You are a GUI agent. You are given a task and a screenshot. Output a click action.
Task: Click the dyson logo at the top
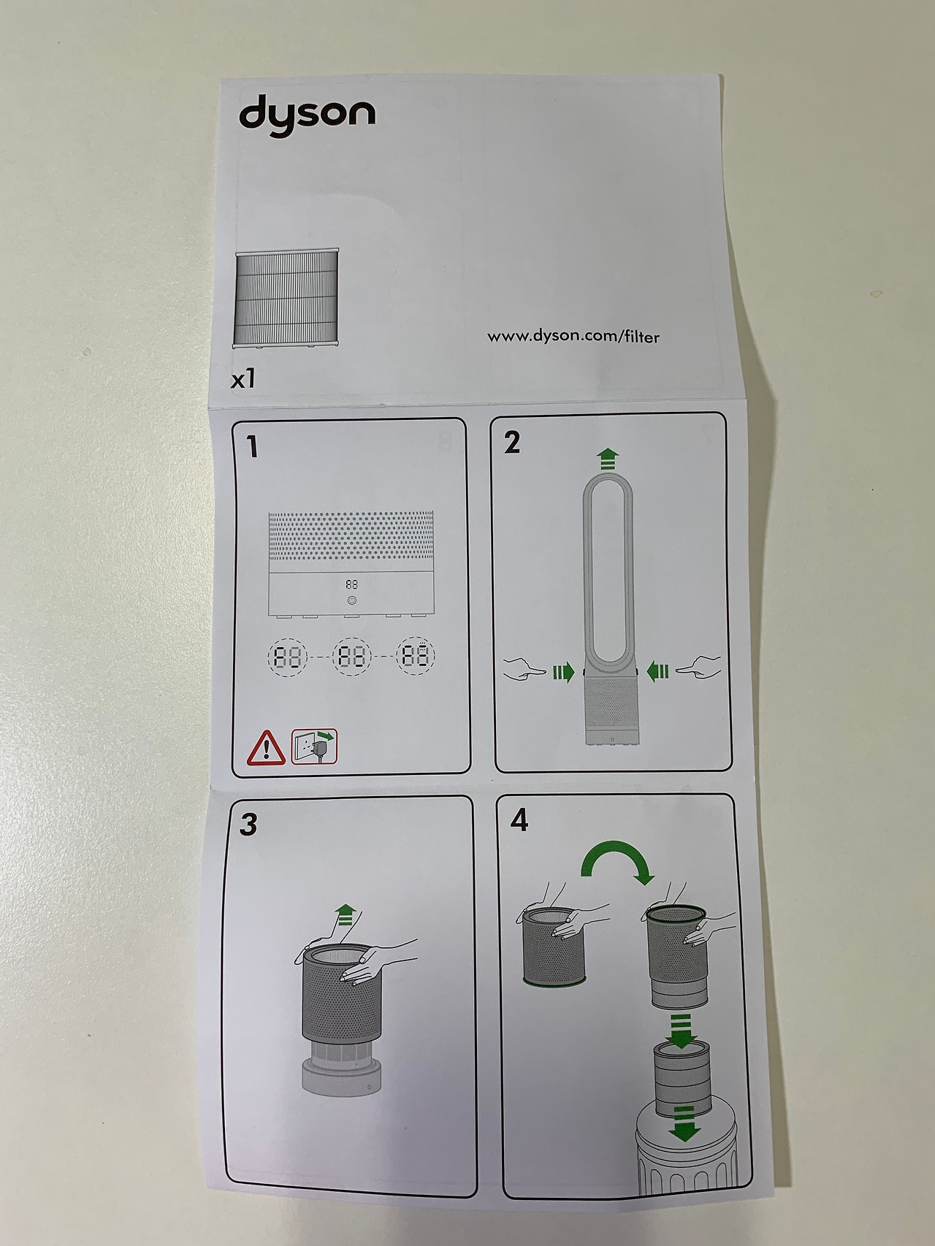tap(307, 117)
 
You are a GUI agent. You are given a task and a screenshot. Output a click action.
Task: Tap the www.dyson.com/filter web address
tap(573, 336)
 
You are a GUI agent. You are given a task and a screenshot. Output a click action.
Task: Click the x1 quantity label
tap(243, 379)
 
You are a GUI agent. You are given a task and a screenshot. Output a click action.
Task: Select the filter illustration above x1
tap(286, 297)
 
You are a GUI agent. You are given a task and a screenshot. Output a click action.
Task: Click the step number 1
tap(253, 446)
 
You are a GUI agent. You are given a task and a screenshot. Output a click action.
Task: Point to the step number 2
tap(512, 443)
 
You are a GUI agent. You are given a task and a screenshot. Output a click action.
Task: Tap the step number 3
tap(248, 824)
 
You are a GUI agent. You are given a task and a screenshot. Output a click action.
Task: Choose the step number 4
tap(519, 820)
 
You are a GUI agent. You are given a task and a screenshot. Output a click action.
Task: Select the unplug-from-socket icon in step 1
tap(315, 746)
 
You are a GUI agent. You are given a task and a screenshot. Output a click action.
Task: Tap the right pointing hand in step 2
tap(698, 668)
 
